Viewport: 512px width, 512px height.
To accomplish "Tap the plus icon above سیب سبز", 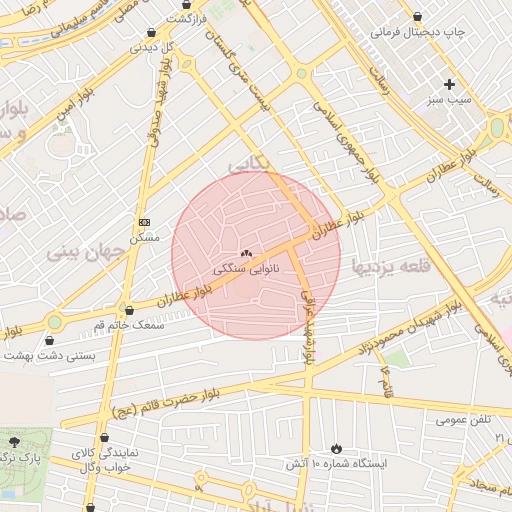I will tap(449, 85).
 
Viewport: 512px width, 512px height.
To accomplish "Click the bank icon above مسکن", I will tap(144, 222).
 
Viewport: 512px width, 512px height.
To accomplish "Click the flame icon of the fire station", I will tap(336, 449).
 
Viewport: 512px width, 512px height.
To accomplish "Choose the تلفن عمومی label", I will tap(463, 420).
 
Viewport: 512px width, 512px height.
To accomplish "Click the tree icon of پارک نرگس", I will tap(14, 441).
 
